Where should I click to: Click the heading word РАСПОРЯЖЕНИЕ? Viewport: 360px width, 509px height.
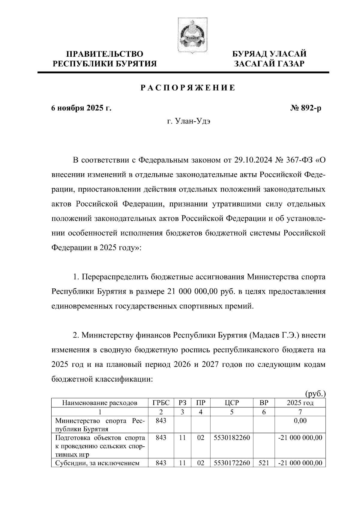coord(188,88)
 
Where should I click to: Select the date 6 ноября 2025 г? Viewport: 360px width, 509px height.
coord(81,108)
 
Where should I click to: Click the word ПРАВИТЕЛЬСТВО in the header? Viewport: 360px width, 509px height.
coord(105,54)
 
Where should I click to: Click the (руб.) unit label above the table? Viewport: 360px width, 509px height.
coord(315,393)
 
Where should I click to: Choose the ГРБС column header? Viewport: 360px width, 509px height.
coord(161,403)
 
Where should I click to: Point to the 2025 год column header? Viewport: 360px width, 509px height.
coord(300,403)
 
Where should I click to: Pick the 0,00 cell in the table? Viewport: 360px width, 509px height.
coord(300,421)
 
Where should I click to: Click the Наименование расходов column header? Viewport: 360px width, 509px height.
coord(100,403)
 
